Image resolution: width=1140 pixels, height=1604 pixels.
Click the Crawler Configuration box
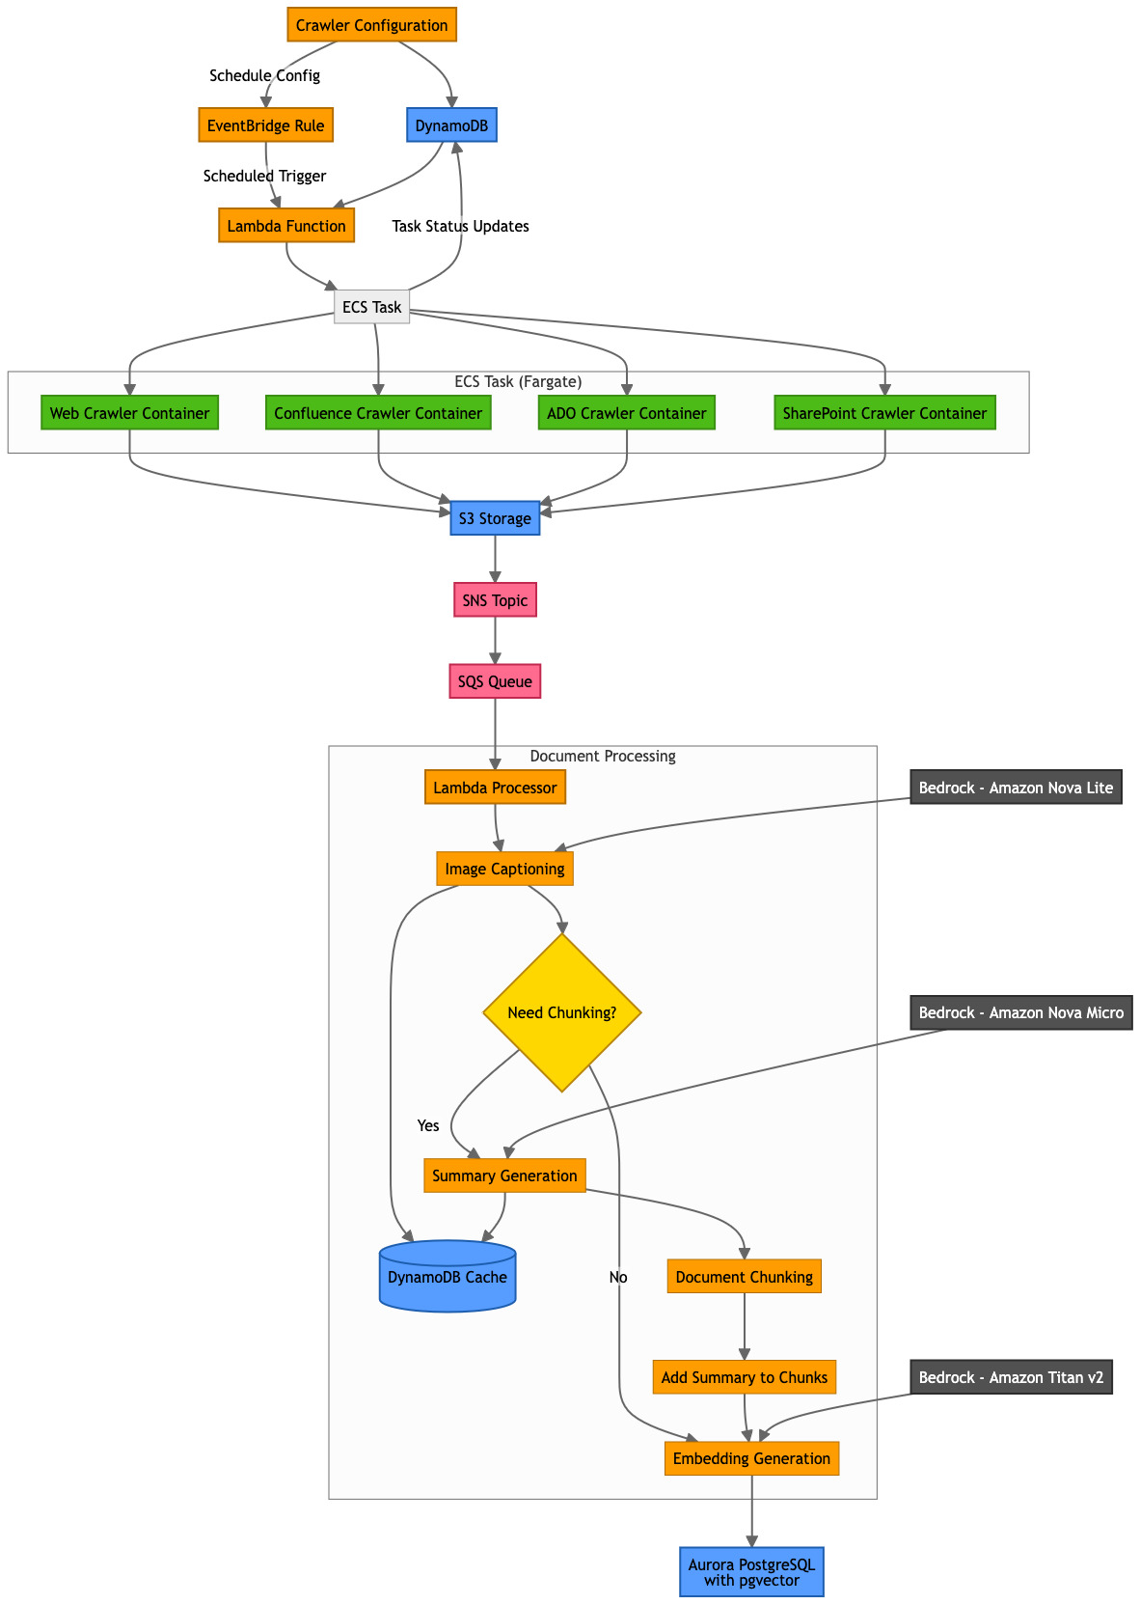(x=371, y=25)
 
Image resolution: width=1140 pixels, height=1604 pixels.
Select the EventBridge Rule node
(x=265, y=125)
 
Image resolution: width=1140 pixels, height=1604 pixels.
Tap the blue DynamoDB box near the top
(x=452, y=125)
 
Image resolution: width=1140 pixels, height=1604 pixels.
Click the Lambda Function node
(x=286, y=226)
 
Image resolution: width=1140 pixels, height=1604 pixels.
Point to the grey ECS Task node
(x=371, y=308)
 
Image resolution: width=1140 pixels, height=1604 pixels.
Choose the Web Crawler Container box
(x=129, y=413)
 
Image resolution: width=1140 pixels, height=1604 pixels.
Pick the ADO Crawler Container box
(x=627, y=413)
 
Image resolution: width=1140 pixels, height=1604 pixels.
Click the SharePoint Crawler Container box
(x=884, y=413)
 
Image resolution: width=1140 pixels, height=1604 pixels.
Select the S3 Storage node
(x=495, y=518)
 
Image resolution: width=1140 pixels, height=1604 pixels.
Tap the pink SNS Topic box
(x=495, y=600)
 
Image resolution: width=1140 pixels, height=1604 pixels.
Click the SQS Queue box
(x=495, y=681)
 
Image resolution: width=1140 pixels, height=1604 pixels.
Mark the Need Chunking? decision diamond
(x=562, y=1012)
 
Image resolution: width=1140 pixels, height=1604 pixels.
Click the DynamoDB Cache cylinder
(x=448, y=1277)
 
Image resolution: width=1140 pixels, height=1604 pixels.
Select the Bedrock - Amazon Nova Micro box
(x=1020, y=1012)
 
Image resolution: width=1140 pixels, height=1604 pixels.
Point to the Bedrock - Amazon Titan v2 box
(x=1011, y=1377)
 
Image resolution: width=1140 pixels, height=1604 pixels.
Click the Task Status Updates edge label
(x=460, y=226)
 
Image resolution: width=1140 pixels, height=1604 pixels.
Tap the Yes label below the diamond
(x=428, y=1125)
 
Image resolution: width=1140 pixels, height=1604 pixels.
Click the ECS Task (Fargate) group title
(x=518, y=381)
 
